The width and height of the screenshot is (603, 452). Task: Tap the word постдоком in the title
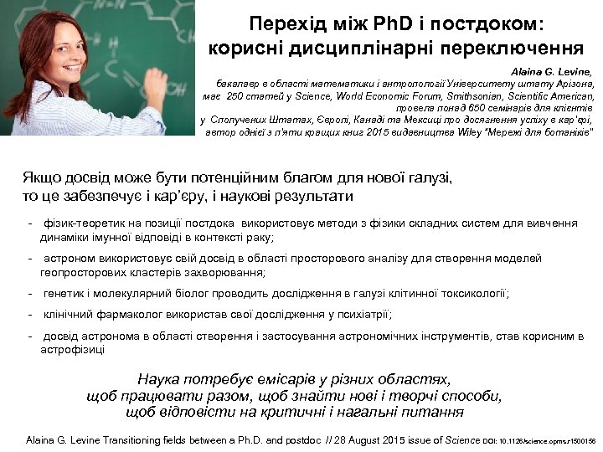tap(490, 20)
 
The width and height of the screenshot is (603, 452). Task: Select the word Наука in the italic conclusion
tap(162, 378)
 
